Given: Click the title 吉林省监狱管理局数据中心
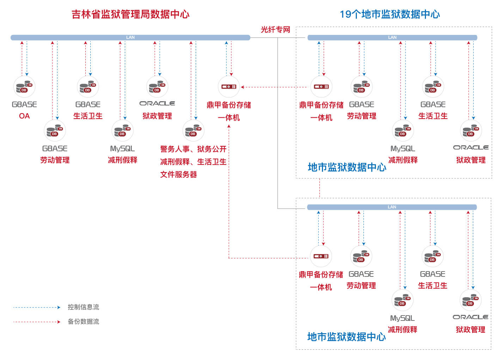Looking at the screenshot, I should [x=130, y=14].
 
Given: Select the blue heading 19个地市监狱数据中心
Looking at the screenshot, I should [x=390, y=14].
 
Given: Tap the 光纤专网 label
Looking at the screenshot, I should [x=275, y=30].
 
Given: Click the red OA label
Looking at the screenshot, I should [x=24, y=116].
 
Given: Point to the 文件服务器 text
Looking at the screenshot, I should [x=178, y=175].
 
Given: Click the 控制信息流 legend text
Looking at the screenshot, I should [x=83, y=307].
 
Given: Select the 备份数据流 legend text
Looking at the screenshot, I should [x=83, y=322].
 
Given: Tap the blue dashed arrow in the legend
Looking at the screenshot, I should [x=37, y=307].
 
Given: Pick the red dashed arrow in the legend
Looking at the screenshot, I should [x=37, y=322].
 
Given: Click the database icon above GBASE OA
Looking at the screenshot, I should [x=24, y=87].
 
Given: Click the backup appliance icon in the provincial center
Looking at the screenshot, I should [x=229, y=87].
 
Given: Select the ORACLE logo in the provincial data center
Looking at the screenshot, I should [x=157, y=103].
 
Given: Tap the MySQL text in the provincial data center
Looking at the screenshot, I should [x=122, y=148].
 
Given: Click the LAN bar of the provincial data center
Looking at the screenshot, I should [x=130, y=37].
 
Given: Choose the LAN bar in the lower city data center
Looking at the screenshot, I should [x=392, y=207].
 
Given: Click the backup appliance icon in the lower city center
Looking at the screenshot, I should [x=321, y=256].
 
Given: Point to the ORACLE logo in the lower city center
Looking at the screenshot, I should [x=470, y=317].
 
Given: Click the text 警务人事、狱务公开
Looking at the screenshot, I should [x=193, y=149].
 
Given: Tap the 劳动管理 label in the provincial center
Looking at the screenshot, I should [x=55, y=160].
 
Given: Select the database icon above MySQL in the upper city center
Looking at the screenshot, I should [x=403, y=131].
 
